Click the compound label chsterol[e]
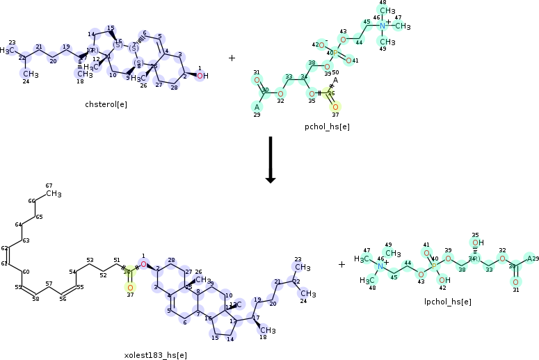106,104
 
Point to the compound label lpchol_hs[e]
448,302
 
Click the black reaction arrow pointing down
271,160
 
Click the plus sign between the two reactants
232,58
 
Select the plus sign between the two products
341,264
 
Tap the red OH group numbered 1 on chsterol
202,76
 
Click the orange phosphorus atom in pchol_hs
335,53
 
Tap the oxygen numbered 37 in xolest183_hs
129,286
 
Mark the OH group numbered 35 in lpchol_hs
476,243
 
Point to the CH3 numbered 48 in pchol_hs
387,11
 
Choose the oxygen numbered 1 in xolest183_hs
143,264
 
